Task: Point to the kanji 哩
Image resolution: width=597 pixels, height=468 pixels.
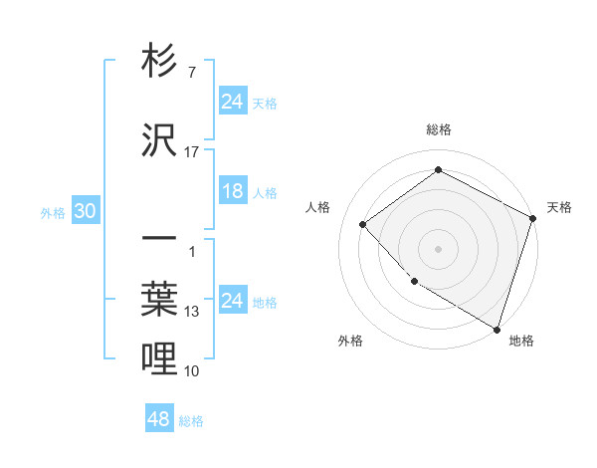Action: pyautogui.click(x=159, y=358)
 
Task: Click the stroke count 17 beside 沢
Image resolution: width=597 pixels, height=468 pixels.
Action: pyautogui.click(x=192, y=152)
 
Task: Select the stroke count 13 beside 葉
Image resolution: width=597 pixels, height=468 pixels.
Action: pyautogui.click(x=192, y=312)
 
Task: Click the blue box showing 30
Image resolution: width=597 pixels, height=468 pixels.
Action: pyautogui.click(x=85, y=212)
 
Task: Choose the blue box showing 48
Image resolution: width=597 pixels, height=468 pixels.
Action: pyautogui.click(x=159, y=419)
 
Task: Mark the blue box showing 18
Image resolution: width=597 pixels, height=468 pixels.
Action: pyautogui.click(x=233, y=191)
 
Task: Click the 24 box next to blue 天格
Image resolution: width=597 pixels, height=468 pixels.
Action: pyautogui.click(x=233, y=102)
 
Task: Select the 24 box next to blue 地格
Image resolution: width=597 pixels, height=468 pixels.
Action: pyautogui.click(x=233, y=301)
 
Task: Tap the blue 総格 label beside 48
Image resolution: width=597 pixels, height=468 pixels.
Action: pyautogui.click(x=191, y=421)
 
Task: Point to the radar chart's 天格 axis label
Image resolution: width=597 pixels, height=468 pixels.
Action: pyautogui.click(x=559, y=207)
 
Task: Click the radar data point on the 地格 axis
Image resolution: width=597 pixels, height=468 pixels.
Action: pyautogui.click(x=496, y=329)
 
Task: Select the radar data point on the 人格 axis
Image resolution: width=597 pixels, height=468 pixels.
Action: pyautogui.click(x=363, y=224)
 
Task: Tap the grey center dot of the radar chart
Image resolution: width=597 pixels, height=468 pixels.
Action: pyautogui.click(x=438, y=248)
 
